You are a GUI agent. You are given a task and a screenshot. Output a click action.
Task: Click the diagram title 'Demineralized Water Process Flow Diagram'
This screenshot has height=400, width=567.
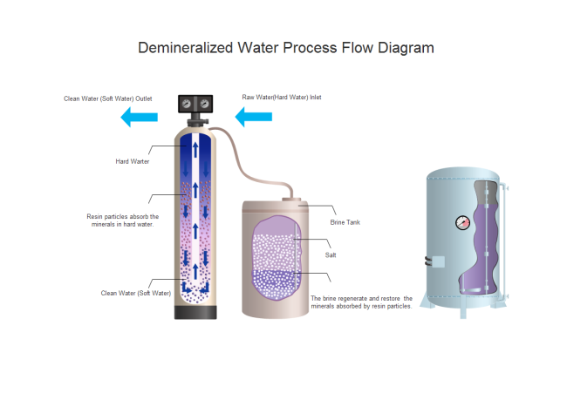tap(286, 48)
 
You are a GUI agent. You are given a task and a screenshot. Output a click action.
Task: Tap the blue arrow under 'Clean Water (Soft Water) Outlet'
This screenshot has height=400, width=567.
tap(138, 117)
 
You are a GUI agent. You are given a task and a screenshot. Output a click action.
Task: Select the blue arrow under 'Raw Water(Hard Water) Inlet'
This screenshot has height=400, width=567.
tap(253, 117)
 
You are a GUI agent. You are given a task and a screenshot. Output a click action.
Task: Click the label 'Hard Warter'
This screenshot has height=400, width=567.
tap(133, 161)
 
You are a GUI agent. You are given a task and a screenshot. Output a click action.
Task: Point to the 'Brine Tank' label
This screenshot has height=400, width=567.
tap(345, 222)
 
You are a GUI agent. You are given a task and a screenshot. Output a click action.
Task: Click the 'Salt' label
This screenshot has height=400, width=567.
tap(331, 255)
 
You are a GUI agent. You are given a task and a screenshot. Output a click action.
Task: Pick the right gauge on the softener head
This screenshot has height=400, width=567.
tap(204, 105)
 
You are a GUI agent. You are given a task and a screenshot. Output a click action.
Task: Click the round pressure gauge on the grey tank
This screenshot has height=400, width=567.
tap(461, 222)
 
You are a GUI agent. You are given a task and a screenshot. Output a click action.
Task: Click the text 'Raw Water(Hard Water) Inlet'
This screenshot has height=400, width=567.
tap(282, 97)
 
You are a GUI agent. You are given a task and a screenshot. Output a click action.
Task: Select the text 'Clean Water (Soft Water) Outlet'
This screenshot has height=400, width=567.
tap(108, 98)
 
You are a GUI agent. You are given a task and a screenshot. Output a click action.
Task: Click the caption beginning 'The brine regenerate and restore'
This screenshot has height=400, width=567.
tap(361, 302)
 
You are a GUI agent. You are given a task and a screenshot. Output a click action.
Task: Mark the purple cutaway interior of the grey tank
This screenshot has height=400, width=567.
tap(484, 244)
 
